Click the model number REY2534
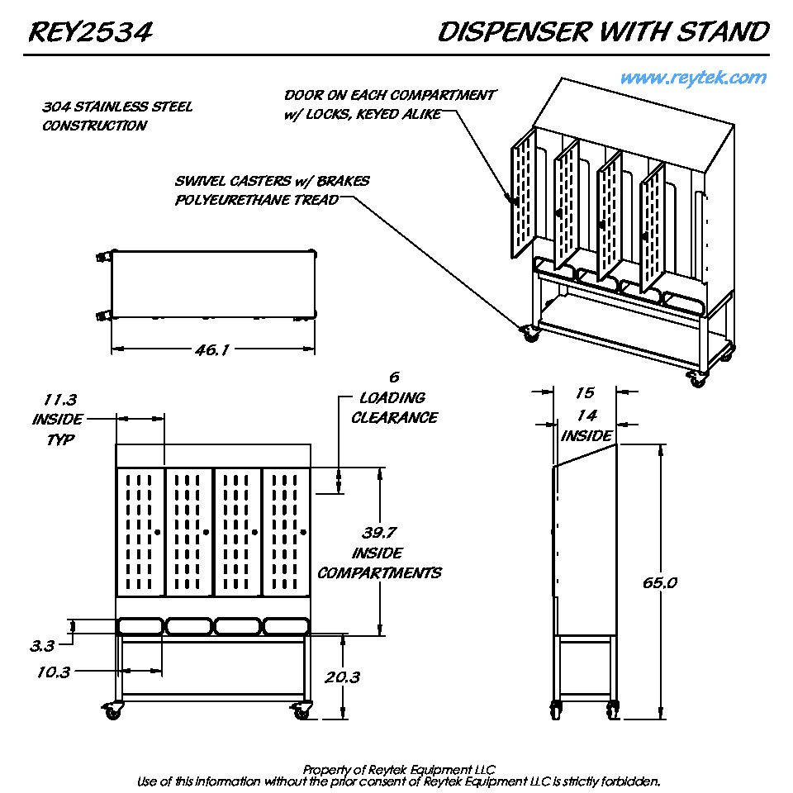coord(90,33)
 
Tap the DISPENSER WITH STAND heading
coord(603,33)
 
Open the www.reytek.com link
coord(693,78)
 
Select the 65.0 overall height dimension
coord(660,582)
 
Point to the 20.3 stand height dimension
coord(342,677)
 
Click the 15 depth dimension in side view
coord(585,393)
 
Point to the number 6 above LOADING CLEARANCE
coord(394,378)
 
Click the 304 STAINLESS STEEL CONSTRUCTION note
coord(116,116)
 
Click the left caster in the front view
coord(112,710)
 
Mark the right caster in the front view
coord(301,710)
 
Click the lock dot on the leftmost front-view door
coord(157,531)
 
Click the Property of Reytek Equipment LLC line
coord(398,769)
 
